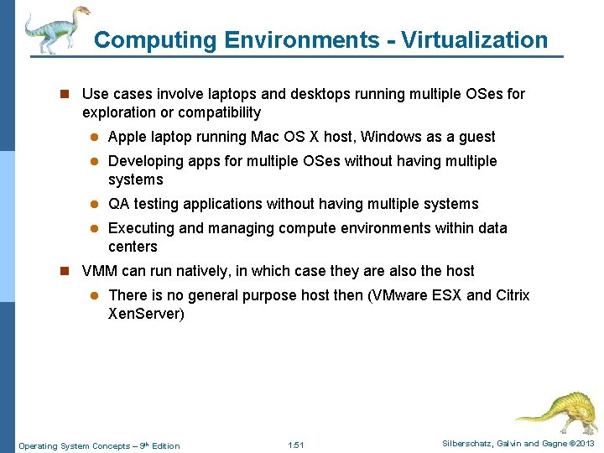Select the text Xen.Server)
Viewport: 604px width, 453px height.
click(x=146, y=314)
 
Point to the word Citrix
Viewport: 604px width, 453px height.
click(x=513, y=295)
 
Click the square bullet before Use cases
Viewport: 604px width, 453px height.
click(x=65, y=95)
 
